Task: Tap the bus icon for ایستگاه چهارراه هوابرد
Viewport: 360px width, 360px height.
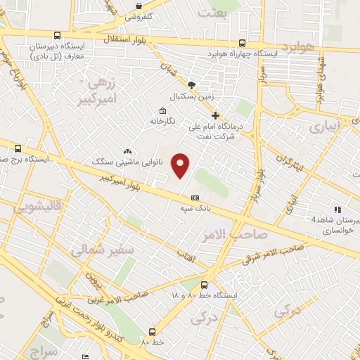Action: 242,42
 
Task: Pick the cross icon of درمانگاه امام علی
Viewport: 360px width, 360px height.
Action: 216,116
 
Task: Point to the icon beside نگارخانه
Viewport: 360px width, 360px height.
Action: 163,110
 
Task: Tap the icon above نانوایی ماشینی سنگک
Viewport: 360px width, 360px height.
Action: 127,151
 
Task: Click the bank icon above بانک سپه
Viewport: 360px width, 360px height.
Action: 195,198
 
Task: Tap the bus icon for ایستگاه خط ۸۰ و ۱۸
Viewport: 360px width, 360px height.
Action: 204,285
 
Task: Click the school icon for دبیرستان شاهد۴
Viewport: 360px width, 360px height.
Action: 338,209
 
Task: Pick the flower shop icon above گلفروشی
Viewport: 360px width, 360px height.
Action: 143,5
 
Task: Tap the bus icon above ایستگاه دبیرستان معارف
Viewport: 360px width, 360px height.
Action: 56,36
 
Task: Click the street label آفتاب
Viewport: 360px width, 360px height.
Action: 186,254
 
